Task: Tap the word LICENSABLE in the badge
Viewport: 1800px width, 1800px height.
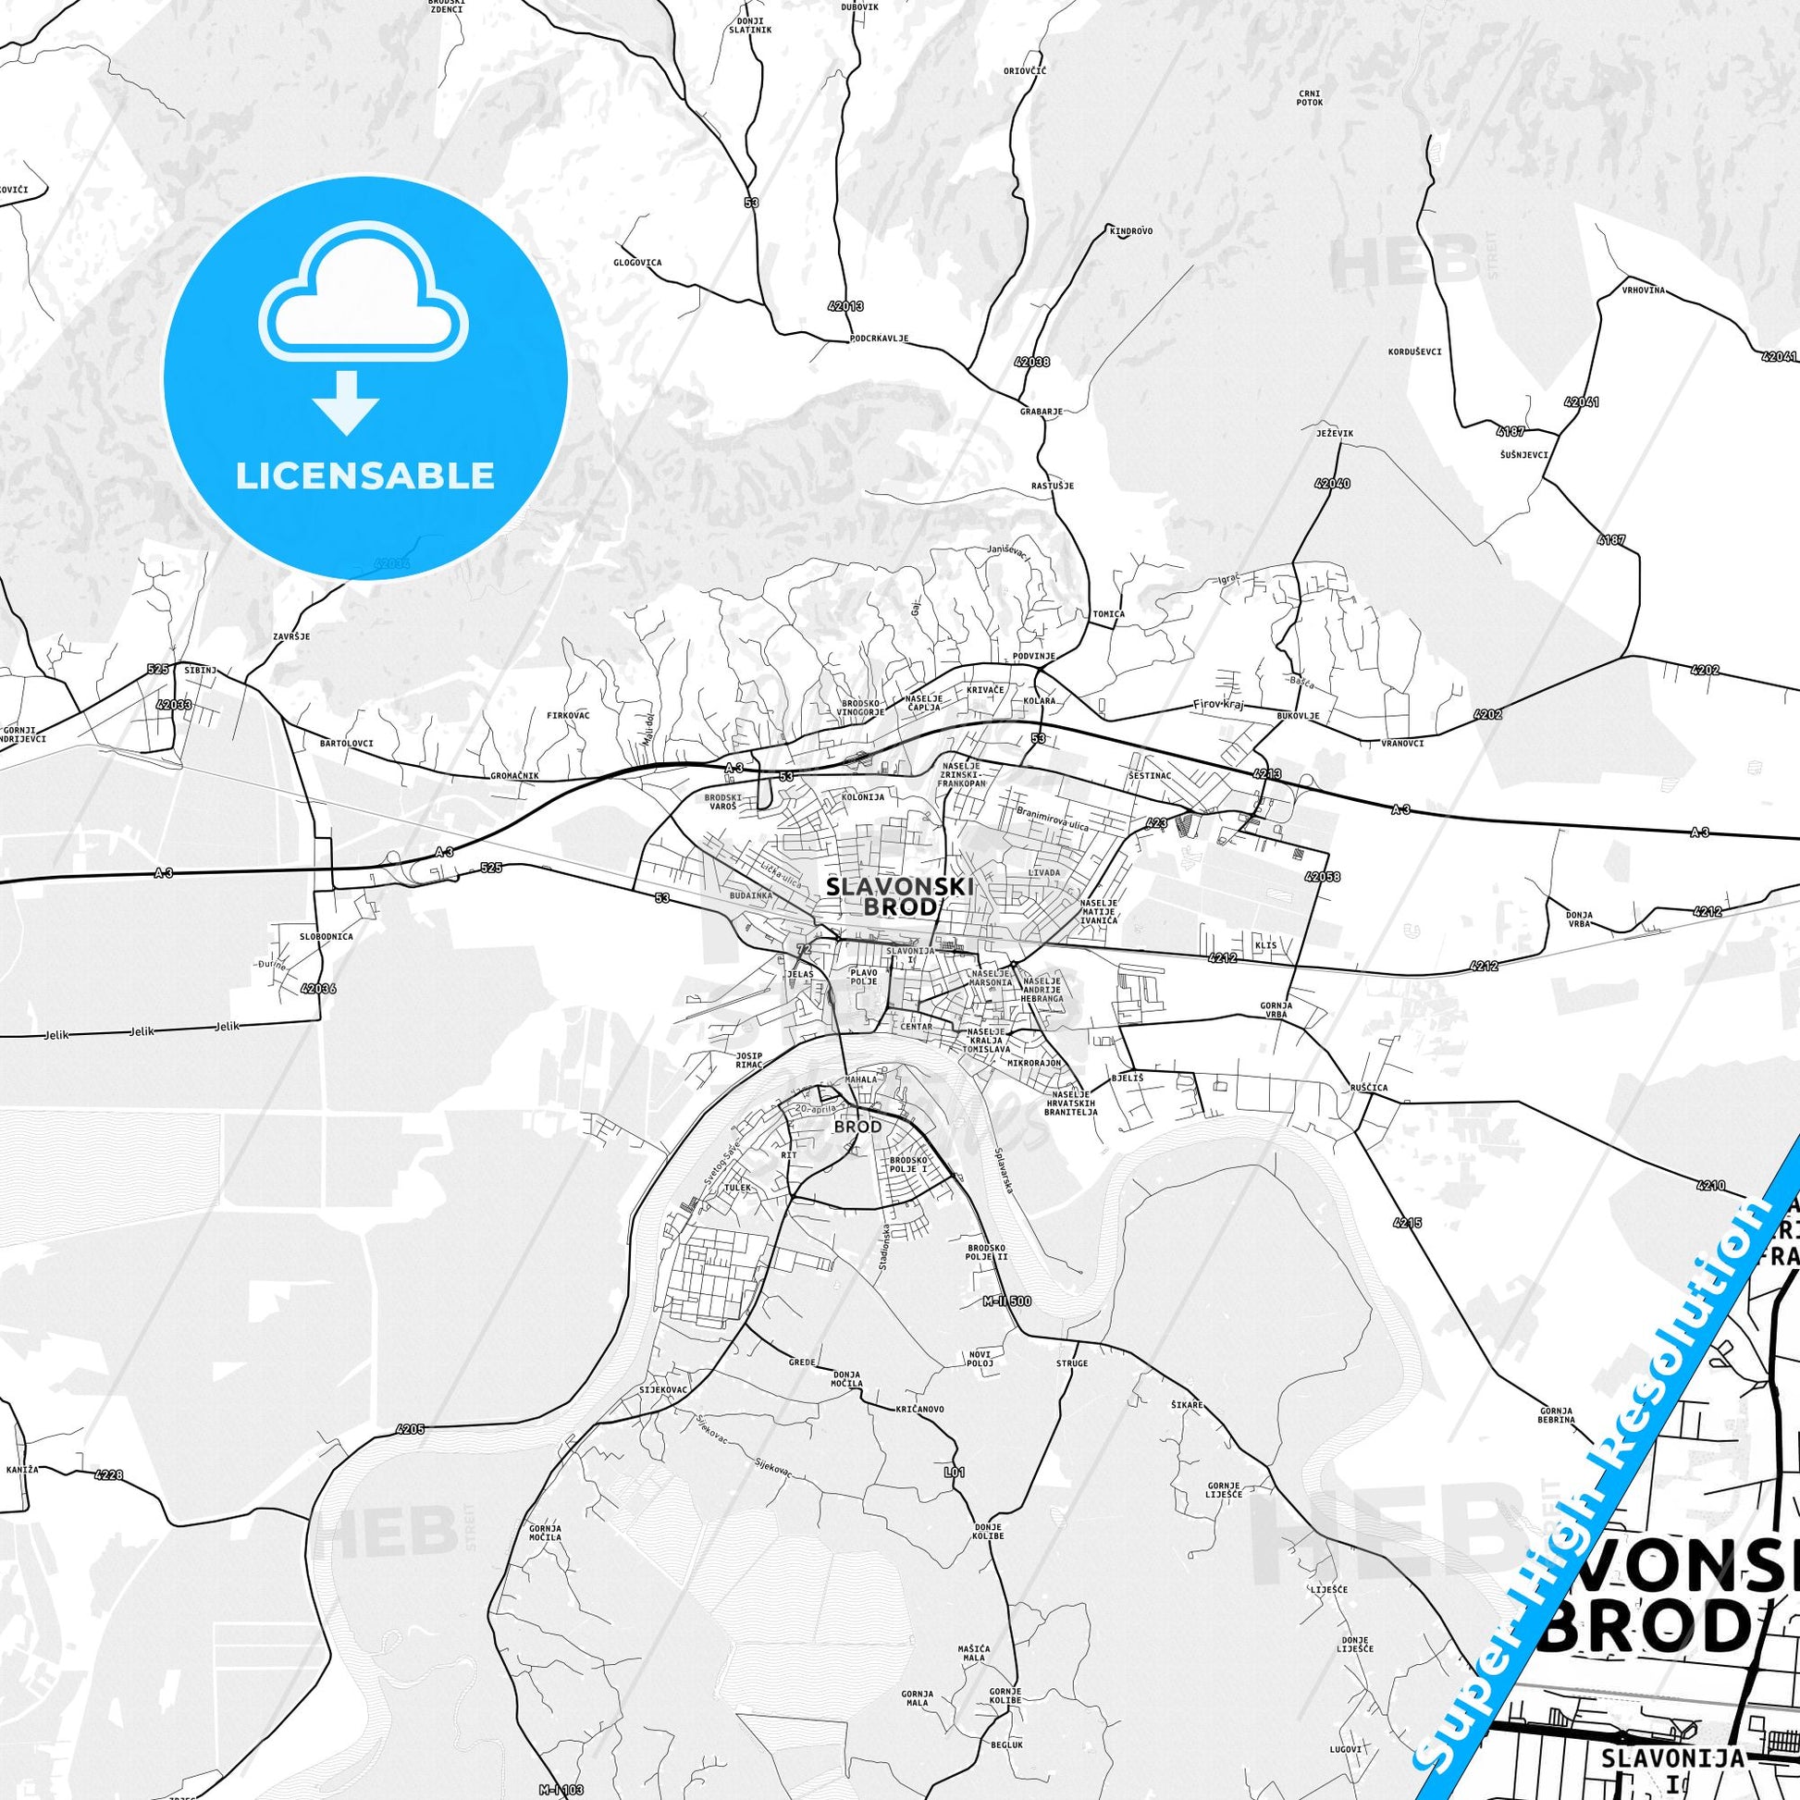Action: (365, 476)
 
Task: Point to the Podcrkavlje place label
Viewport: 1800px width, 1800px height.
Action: (879, 339)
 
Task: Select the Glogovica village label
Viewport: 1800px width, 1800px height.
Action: (637, 263)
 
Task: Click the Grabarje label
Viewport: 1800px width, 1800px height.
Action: (1041, 411)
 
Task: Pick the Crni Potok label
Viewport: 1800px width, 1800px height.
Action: (1309, 98)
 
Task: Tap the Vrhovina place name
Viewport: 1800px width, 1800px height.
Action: (1643, 290)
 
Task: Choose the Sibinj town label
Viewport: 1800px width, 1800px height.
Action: (200, 670)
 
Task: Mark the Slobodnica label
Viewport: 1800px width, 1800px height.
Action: (327, 936)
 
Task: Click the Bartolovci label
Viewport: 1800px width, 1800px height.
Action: (346, 744)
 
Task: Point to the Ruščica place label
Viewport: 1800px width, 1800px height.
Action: (1369, 1087)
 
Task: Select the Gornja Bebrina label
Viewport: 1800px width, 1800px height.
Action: (1556, 1416)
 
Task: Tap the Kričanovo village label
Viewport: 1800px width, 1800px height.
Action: (920, 1410)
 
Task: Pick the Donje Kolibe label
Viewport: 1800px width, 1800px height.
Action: (989, 1532)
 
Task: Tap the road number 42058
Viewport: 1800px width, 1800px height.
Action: (1323, 877)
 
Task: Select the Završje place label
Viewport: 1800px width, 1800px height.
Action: (291, 636)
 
